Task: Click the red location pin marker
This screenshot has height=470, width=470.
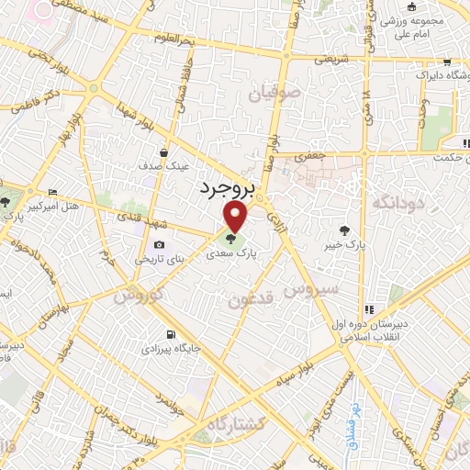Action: tap(237, 217)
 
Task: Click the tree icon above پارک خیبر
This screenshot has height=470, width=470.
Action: tap(344, 230)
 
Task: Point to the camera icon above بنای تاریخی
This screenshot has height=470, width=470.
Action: tap(160, 244)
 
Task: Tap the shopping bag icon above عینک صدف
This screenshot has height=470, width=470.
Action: tap(163, 152)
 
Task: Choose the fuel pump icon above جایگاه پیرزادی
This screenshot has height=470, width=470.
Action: tap(170, 334)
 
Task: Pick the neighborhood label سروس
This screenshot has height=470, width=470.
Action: tap(310, 291)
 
